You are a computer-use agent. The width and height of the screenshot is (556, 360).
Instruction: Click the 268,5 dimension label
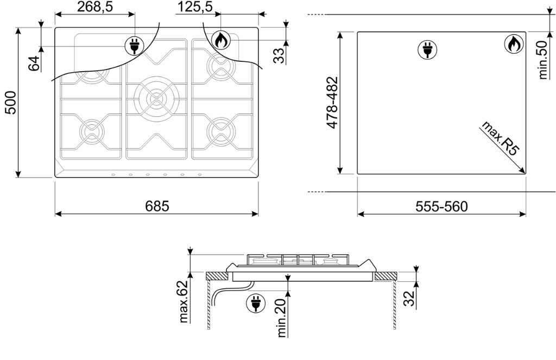(95, 7)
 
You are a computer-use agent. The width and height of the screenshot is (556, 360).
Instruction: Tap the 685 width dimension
(157, 206)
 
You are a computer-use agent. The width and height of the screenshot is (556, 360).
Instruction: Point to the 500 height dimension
(11, 103)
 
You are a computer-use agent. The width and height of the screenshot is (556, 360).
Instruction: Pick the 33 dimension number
(280, 56)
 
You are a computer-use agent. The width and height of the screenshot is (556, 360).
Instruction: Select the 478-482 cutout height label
(332, 103)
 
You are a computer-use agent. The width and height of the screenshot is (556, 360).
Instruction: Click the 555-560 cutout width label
(441, 206)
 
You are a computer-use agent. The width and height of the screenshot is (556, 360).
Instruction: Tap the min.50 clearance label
(542, 60)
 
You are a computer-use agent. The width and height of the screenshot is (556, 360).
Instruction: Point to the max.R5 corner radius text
(500, 138)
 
